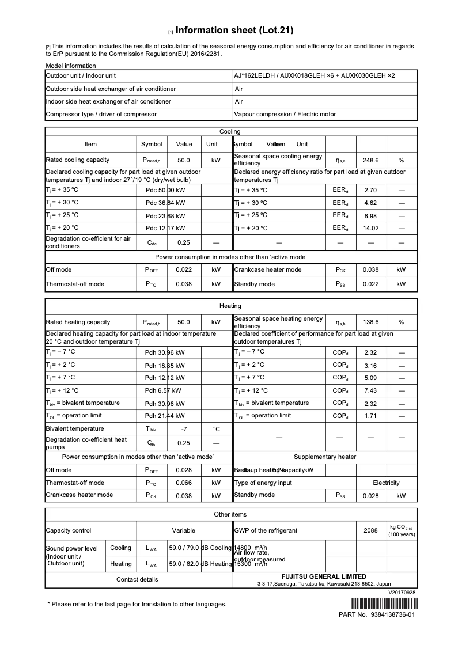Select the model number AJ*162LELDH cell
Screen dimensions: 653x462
point(315,75)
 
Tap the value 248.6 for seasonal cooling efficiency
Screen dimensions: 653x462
point(370,160)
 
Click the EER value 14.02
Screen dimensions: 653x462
point(370,228)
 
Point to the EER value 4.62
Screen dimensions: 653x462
point(370,203)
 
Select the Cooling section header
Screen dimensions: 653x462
point(230,132)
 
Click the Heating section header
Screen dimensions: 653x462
point(230,306)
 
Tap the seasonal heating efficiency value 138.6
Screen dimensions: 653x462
point(370,322)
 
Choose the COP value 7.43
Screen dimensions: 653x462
point(370,390)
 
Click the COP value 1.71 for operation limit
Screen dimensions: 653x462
point(370,416)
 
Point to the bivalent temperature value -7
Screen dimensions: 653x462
point(184,429)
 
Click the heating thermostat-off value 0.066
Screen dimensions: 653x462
point(184,483)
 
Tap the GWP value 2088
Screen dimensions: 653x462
point(370,530)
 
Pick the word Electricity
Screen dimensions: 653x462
point(385,483)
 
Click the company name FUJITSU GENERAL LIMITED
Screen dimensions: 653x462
point(323,576)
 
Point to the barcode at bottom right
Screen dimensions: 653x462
point(383,604)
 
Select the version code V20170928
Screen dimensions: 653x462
point(402,592)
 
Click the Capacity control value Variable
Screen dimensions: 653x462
point(184,530)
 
